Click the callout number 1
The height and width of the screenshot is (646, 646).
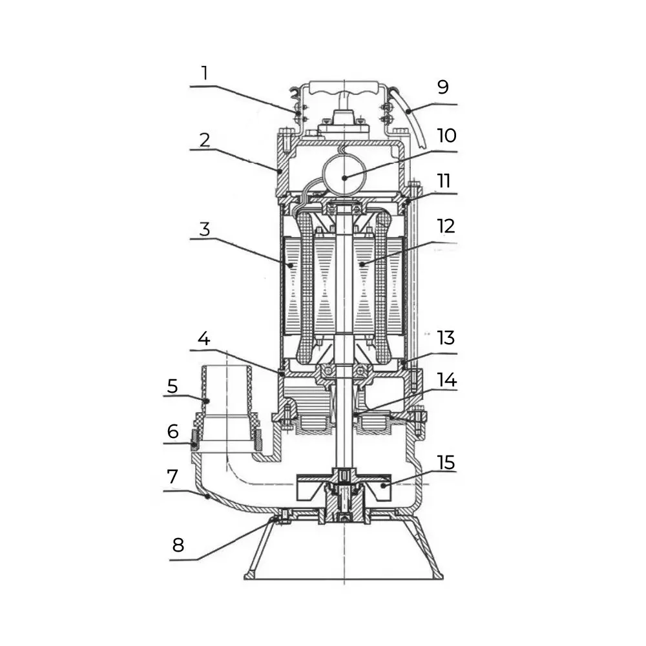tap(205, 73)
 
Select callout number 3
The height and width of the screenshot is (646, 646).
tap(204, 229)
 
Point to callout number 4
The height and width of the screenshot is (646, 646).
tap(204, 339)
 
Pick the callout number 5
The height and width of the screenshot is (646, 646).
tap(172, 386)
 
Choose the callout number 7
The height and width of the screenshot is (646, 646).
tap(172, 477)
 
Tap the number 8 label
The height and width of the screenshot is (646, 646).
tap(178, 545)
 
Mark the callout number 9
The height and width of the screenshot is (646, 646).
tap(443, 87)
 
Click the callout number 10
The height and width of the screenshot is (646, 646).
tap(446, 136)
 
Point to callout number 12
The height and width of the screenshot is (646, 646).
tap(446, 226)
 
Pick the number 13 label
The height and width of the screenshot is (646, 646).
tap(446, 337)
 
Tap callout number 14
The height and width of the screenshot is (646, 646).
tap(446, 379)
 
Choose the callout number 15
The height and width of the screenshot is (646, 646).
tap(446, 463)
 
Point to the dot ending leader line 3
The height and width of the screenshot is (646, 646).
tap(291, 265)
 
